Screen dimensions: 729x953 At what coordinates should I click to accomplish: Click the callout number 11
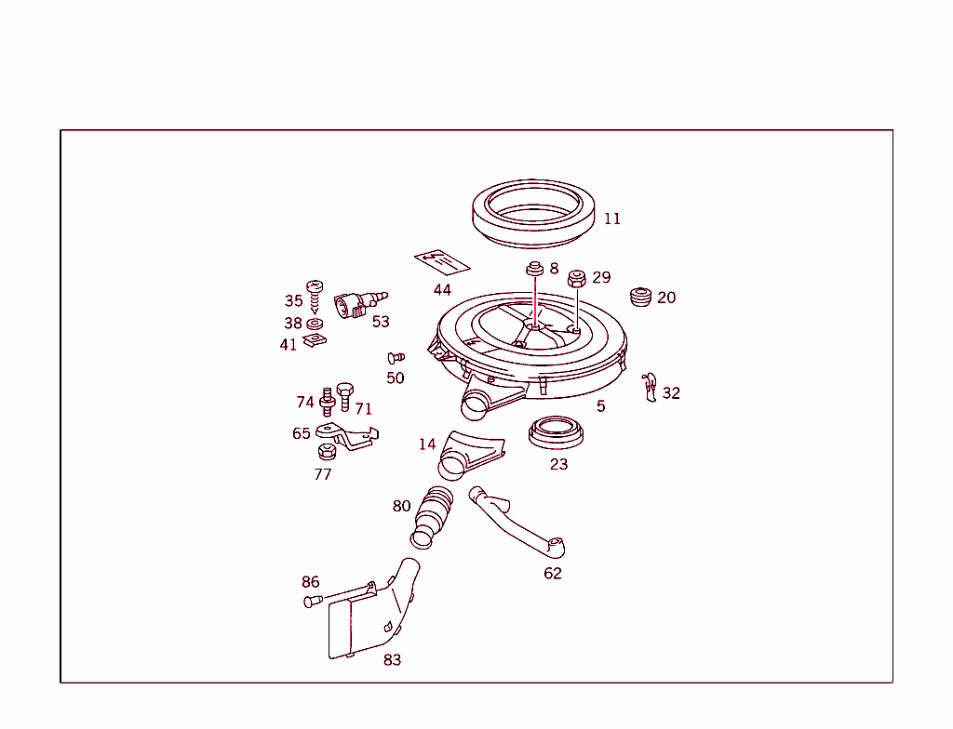[x=611, y=219]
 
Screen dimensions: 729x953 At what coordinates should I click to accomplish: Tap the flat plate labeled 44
[x=441, y=262]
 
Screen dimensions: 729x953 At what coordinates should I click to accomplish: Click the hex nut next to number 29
[x=577, y=277]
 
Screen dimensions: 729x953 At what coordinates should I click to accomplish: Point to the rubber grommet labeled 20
[x=639, y=297]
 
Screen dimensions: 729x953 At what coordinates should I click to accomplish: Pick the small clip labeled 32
[x=650, y=386]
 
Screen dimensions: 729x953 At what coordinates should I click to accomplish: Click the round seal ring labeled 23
[x=557, y=433]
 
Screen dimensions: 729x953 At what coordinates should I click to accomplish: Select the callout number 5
[x=600, y=406]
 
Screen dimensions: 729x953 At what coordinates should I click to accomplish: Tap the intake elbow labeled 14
[x=469, y=453]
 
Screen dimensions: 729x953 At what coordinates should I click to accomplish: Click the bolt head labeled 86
[x=312, y=601]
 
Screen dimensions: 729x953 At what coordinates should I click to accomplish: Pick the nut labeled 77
[x=326, y=453]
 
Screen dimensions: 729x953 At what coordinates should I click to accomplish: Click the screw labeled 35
[x=315, y=294]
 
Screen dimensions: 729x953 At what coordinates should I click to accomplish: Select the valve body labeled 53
[x=356, y=305]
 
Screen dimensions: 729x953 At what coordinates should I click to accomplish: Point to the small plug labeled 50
[x=395, y=357]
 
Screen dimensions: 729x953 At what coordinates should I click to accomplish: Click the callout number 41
[x=289, y=345]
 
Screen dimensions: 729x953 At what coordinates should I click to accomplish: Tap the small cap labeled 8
[x=535, y=270]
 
